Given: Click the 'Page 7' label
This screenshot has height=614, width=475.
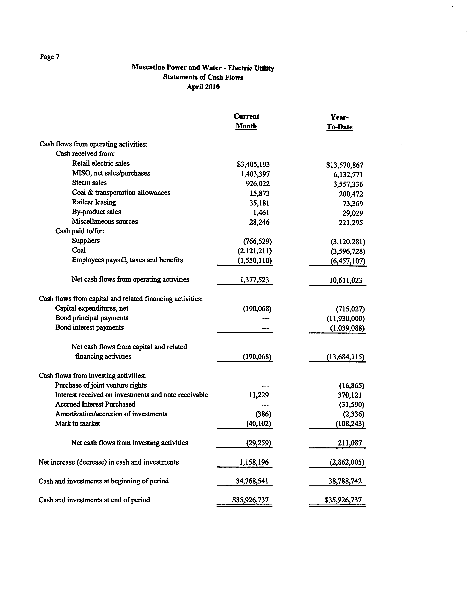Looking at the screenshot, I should [49, 57].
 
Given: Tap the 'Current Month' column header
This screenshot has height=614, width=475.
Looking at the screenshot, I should [246, 121].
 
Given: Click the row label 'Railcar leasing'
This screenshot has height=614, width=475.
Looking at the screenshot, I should [94, 202].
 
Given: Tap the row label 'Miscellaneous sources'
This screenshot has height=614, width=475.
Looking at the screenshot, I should [105, 221].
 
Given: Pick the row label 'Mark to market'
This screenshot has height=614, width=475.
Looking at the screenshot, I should [78, 423].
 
